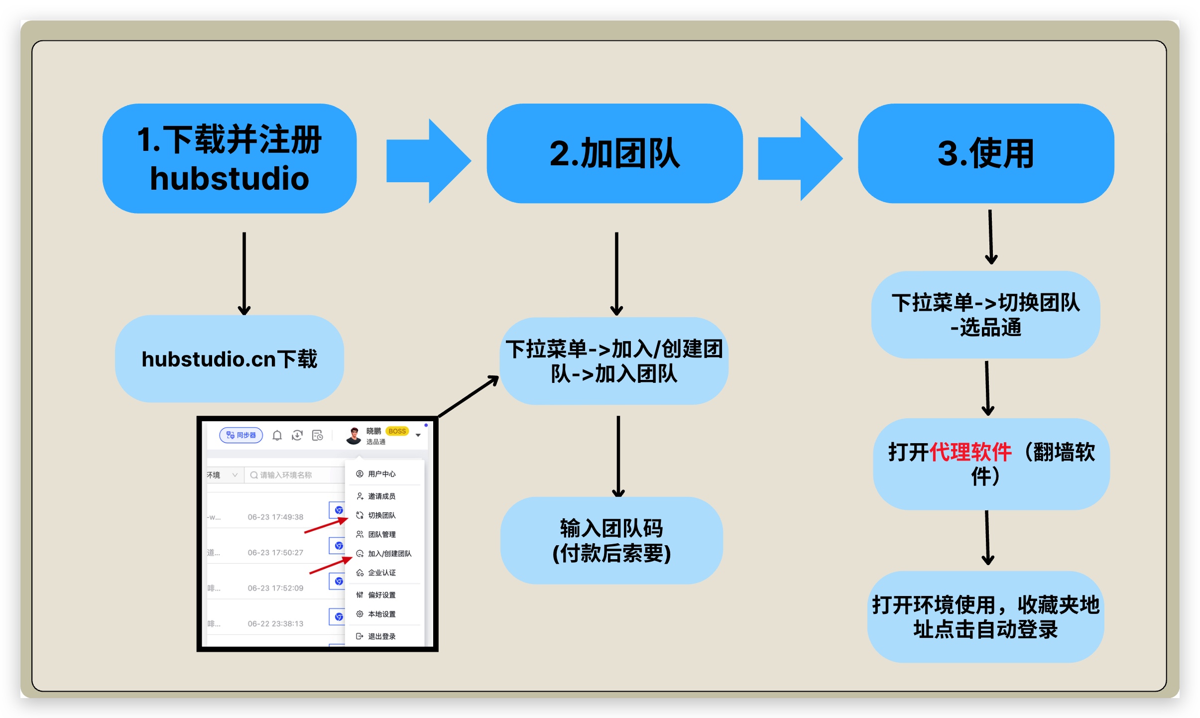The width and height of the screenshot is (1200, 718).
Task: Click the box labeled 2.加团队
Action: [614, 153]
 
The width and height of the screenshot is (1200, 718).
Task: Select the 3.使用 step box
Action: [985, 153]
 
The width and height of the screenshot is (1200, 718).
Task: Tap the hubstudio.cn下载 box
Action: [229, 359]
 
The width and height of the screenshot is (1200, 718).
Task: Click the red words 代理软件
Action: [970, 452]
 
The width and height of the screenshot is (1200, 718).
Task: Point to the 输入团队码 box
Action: [611, 540]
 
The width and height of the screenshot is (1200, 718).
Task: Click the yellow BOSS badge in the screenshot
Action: [397, 431]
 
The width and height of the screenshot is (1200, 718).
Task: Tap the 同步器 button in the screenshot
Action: [241, 435]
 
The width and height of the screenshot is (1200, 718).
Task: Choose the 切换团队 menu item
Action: [381, 515]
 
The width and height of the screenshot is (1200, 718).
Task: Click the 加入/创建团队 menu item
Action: [389, 554]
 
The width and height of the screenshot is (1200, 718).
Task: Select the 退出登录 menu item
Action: [381, 636]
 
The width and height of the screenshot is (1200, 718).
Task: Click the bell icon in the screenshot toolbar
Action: [277, 436]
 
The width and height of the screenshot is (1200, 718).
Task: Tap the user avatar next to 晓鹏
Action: [354, 436]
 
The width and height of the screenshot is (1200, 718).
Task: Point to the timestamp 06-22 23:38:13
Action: [275, 623]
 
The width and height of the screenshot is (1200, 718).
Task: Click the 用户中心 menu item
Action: [381, 474]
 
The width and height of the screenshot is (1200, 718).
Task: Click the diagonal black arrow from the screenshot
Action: [468, 396]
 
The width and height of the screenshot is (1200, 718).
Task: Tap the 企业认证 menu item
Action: [381, 573]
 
